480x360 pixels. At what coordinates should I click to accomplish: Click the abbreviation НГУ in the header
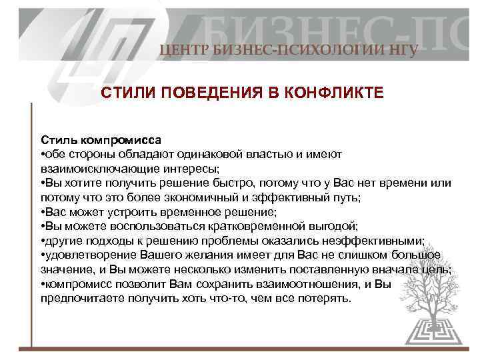pos(400,50)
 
